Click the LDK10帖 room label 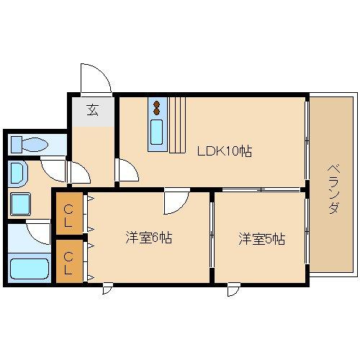coord(225,151)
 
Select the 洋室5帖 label coord(261,238)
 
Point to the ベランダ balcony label coord(333,188)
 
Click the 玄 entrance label coord(93,110)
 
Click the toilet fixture coord(27,143)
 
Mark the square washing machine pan coord(22,203)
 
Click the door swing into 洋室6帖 coord(175,202)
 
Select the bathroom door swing coord(38,232)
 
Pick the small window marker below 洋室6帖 coord(107,289)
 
